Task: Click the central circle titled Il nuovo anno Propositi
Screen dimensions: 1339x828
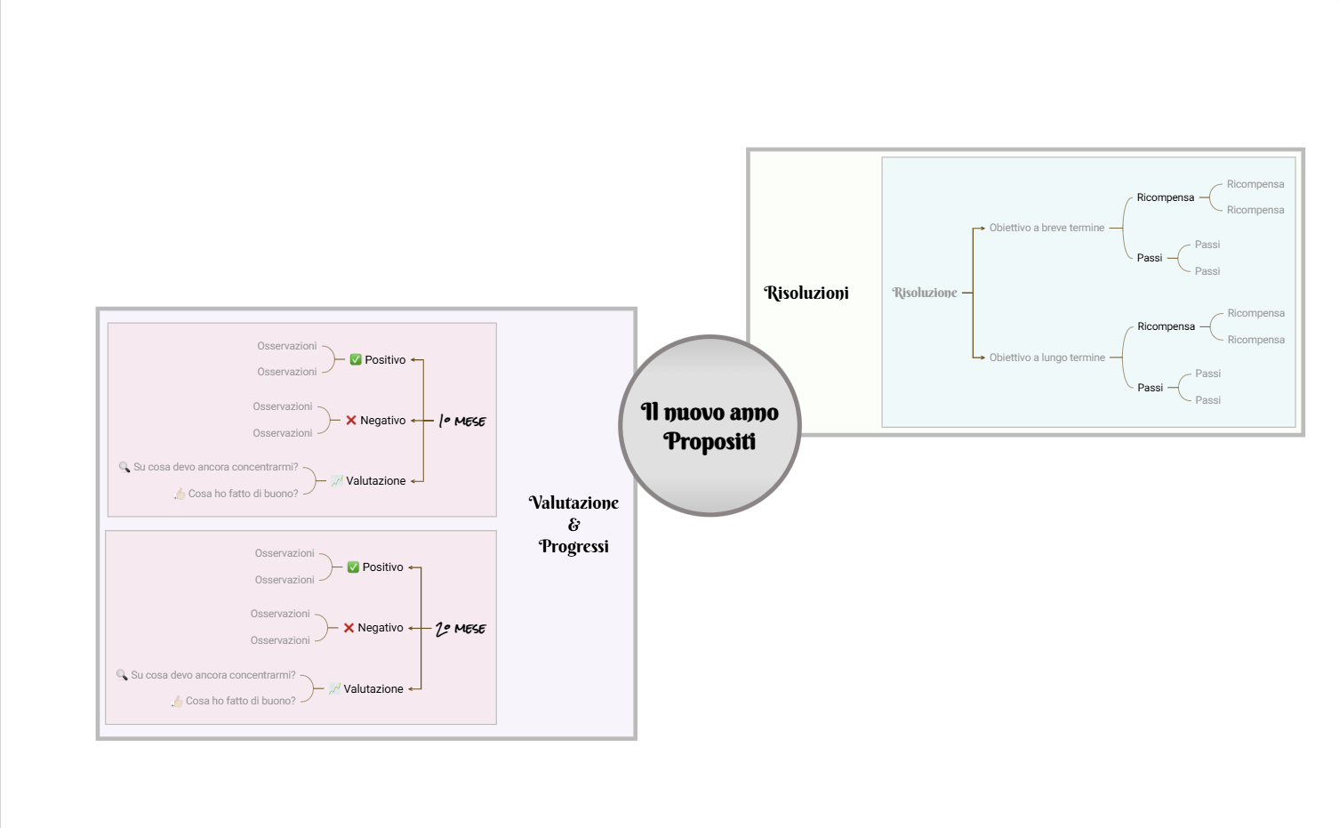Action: coord(710,425)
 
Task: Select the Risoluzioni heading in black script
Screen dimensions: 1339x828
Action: coord(806,293)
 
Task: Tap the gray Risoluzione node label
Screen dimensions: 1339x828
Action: coord(924,293)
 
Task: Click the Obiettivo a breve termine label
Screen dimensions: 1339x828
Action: coord(1046,228)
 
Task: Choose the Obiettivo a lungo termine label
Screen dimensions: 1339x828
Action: coord(1046,358)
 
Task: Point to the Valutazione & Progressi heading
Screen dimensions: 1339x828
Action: coord(573,525)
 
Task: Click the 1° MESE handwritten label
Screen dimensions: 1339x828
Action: coord(462,421)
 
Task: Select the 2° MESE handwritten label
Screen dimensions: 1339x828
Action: coord(461,628)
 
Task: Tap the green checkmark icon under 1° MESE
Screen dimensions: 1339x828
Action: coord(356,359)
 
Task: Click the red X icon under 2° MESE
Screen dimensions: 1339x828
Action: coord(349,627)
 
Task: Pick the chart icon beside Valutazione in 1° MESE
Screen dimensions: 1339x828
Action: coord(337,480)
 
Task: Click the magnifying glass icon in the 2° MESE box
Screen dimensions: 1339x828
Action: coord(122,674)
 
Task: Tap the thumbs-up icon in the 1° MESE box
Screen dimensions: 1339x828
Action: coord(180,494)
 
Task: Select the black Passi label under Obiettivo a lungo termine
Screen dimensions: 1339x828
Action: coord(1150,388)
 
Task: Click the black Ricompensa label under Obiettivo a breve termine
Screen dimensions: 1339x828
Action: coord(1165,197)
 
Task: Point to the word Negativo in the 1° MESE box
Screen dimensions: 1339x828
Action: coord(382,421)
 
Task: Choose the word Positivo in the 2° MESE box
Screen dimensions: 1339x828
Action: coord(382,567)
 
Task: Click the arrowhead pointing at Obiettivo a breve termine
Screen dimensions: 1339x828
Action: coord(982,228)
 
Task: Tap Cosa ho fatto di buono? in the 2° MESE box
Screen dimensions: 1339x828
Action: coord(240,701)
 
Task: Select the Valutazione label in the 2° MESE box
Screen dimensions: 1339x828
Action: coord(373,688)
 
